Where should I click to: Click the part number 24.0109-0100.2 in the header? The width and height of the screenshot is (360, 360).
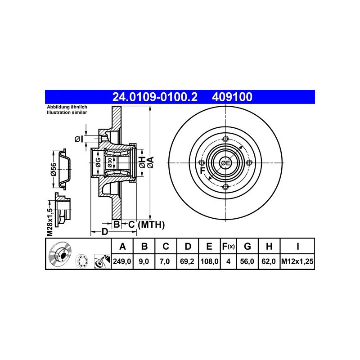(154, 97)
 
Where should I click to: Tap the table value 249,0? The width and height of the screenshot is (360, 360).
(121, 261)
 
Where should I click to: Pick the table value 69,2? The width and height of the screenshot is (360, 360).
(188, 261)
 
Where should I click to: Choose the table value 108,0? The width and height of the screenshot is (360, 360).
(209, 261)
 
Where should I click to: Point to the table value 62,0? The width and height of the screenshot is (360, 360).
(269, 261)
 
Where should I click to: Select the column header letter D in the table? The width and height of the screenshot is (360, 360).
(188, 246)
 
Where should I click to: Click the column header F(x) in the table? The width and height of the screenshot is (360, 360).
(228, 246)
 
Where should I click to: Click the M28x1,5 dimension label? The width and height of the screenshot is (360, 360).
(50, 222)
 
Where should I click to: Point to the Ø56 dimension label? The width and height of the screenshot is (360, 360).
(53, 170)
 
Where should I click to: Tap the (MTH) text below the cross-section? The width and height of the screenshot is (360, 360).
(151, 224)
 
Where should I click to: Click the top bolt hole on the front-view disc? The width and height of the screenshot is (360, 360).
(226, 139)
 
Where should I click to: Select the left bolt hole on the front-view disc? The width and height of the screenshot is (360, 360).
(202, 163)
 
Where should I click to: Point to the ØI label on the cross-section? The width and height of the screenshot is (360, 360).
(78, 139)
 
